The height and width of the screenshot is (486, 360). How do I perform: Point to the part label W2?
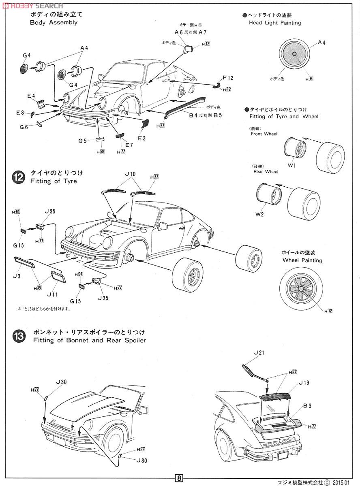tap(259, 214)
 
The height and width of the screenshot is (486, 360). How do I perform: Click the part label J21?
tap(258, 353)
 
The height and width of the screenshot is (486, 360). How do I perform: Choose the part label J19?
tap(304, 382)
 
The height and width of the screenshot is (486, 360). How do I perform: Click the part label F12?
tap(228, 77)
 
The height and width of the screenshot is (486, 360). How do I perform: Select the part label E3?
tap(141, 138)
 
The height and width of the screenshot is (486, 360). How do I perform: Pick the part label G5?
tap(83, 141)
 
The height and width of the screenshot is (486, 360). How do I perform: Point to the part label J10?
tap(130, 174)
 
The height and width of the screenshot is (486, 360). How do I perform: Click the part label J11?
tap(53, 294)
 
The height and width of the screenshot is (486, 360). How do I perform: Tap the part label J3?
tap(16, 276)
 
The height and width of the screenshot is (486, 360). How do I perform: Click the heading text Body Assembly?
tap(54, 23)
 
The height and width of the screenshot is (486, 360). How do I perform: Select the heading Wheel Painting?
tap(302, 260)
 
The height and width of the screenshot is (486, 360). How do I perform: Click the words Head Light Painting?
tap(275, 23)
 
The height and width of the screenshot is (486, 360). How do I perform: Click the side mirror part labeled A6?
tap(189, 50)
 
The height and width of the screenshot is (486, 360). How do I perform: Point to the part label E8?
tap(20, 113)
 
